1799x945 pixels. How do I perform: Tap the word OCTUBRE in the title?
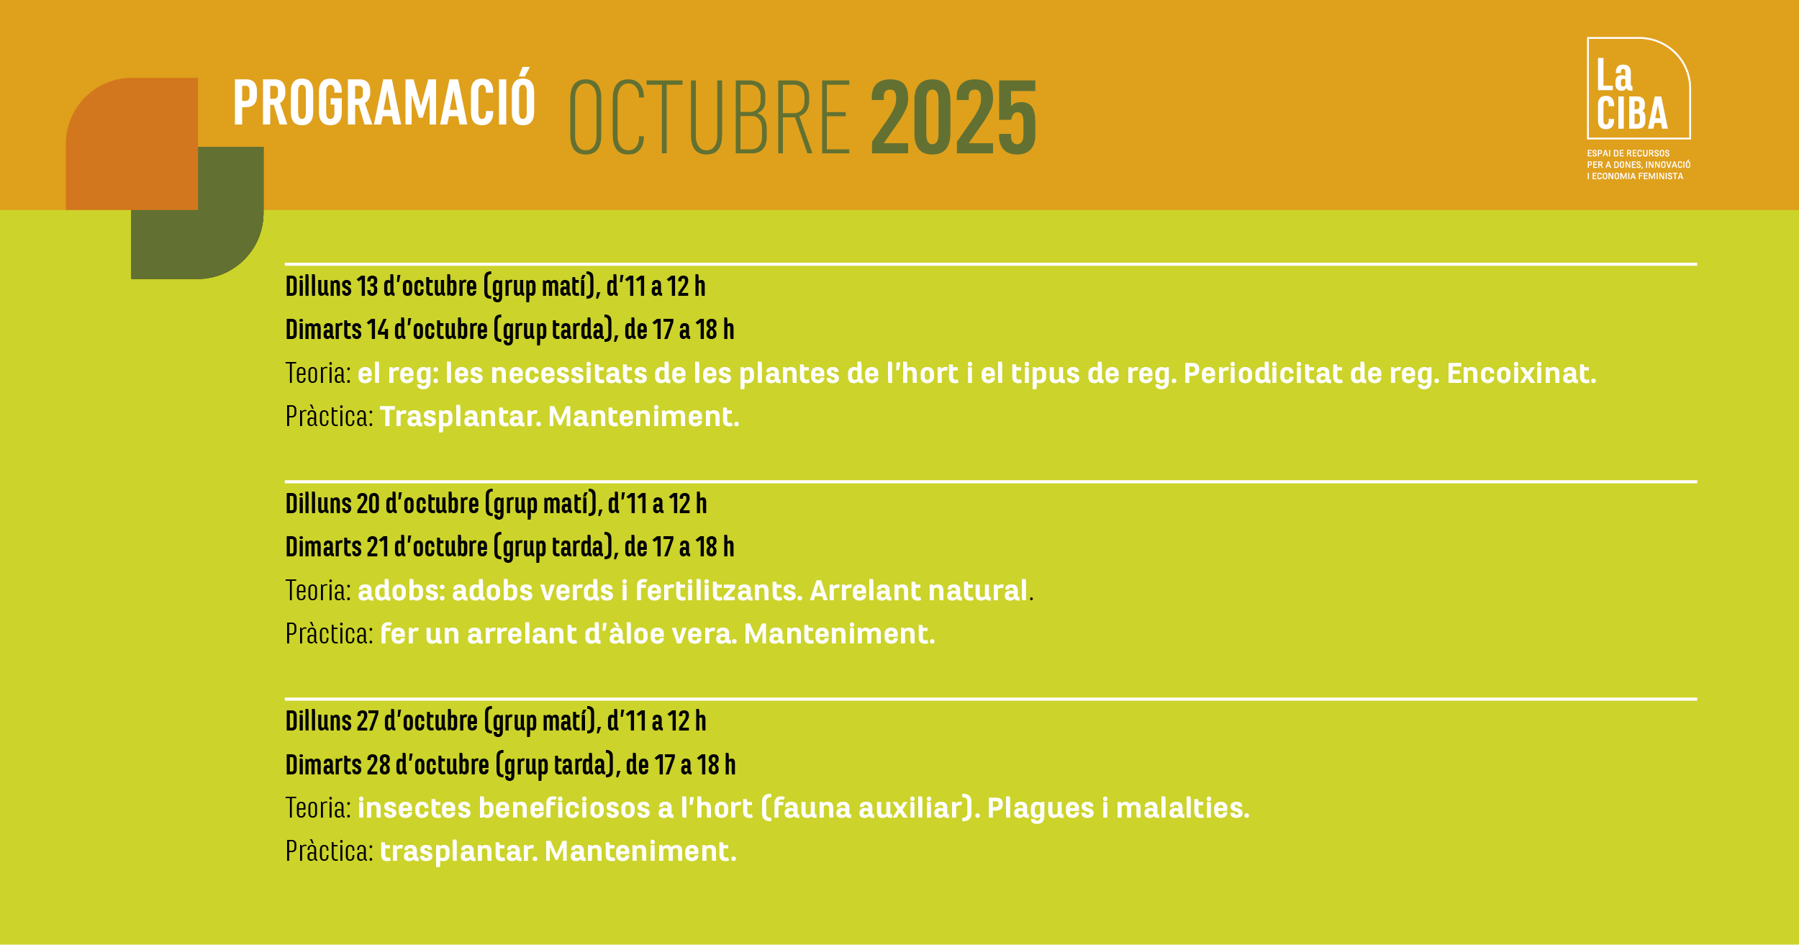click(x=710, y=117)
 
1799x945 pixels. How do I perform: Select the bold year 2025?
click(x=954, y=117)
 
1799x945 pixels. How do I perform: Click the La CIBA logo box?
click(x=1639, y=88)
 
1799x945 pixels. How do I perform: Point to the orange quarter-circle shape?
click(x=132, y=144)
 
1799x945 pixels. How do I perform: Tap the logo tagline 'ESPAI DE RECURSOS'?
click(x=1628, y=153)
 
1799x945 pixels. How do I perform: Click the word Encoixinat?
click(x=1521, y=374)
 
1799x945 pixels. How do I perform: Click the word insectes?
click(x=414, y=808)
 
